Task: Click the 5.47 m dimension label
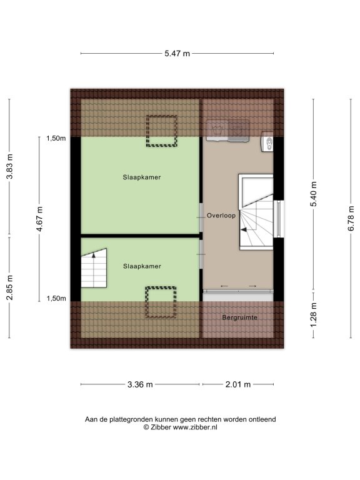[177, 54]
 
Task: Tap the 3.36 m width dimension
[140, 384]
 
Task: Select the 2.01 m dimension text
[238, 384]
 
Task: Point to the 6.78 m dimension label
[351, 218]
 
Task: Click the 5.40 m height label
[314, 194]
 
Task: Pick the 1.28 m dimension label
[314, 314]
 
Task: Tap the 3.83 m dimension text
[10, 166]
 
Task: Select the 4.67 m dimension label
[40, 219]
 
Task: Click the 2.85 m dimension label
[10, 287]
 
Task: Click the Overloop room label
[221, 216]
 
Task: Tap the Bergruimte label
[240, 317]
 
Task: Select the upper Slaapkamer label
[142, 177]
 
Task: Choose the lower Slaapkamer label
[142, 266]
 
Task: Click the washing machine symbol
[217, 131]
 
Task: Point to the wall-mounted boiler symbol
[267, 142]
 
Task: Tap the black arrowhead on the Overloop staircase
[244, 230]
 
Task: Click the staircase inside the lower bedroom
[94, 268]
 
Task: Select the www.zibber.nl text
[195, 427]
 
